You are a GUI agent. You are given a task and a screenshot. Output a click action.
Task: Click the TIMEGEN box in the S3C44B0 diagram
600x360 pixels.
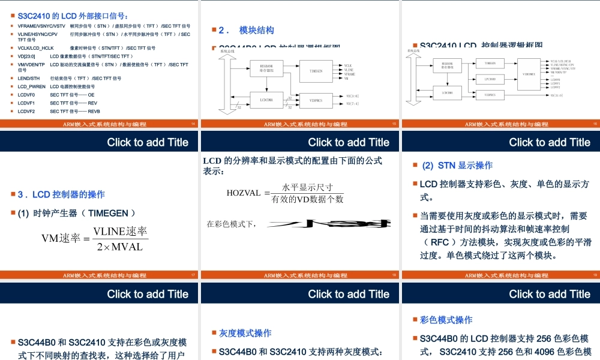tap(316, 71)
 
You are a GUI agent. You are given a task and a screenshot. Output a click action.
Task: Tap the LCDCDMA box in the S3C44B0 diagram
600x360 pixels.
tap(266, 100)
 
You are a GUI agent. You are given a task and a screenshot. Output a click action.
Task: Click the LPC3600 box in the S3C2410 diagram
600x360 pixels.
tap(490, 79)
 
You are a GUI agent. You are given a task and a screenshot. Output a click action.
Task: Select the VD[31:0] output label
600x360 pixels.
tap(557, 95)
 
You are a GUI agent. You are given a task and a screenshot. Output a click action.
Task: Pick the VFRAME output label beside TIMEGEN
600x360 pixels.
tap(350, 74)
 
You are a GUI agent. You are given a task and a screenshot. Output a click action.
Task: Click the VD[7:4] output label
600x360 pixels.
tap(353, 104)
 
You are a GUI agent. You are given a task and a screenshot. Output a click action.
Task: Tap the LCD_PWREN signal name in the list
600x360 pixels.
tap(31, 86)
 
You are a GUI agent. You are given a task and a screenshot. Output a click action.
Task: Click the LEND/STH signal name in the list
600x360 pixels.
tap(29, 78)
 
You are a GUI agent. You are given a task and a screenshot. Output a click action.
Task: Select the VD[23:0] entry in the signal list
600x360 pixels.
tap(26, 56)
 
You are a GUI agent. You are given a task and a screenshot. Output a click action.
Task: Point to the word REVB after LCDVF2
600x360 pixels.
tap(94, 111)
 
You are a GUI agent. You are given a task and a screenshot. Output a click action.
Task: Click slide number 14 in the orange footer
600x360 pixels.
tap(193, 124)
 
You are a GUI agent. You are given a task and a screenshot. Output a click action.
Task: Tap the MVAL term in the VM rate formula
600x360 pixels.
tap(127, 247)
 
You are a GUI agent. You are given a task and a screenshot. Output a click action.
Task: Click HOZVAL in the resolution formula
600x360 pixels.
tap(244, 193)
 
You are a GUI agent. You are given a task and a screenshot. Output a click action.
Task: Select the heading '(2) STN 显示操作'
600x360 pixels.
tap(457, 165)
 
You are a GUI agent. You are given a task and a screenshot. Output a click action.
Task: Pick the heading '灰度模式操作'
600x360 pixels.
tap(245, 333)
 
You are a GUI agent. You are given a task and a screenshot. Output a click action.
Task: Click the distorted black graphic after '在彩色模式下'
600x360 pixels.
tap(325, 224)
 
